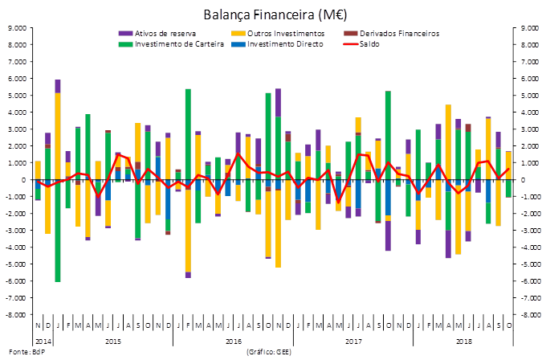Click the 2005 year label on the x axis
pos(112,341)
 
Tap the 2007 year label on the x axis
pos(352,341)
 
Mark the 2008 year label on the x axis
pos(464,341)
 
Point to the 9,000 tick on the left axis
pos(16,28)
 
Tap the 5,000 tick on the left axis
pos(16,96)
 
